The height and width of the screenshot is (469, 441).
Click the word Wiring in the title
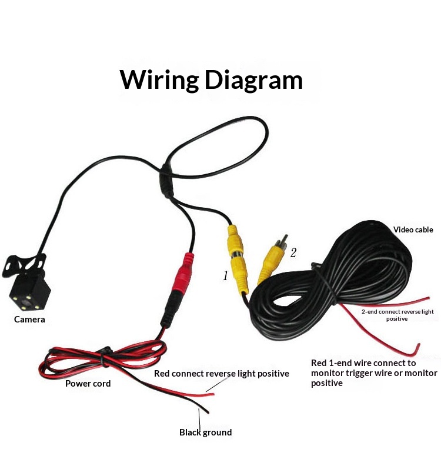[159, 80]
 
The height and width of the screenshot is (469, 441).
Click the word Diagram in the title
[254, 80]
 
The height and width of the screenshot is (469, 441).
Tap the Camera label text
[29, 320]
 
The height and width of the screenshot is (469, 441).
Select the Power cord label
[88, 384]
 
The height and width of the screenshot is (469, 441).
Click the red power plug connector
[183, 273]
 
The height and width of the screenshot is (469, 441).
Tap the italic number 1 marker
[225, 275]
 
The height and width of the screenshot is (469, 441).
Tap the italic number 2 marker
[293, 253]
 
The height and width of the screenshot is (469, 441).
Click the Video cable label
[413, 229]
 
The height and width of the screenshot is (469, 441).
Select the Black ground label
[206, 432]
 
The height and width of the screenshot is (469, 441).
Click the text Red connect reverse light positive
[222, 374]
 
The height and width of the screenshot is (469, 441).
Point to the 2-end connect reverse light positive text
[397, 315]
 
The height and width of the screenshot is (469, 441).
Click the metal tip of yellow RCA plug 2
[283, 240]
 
